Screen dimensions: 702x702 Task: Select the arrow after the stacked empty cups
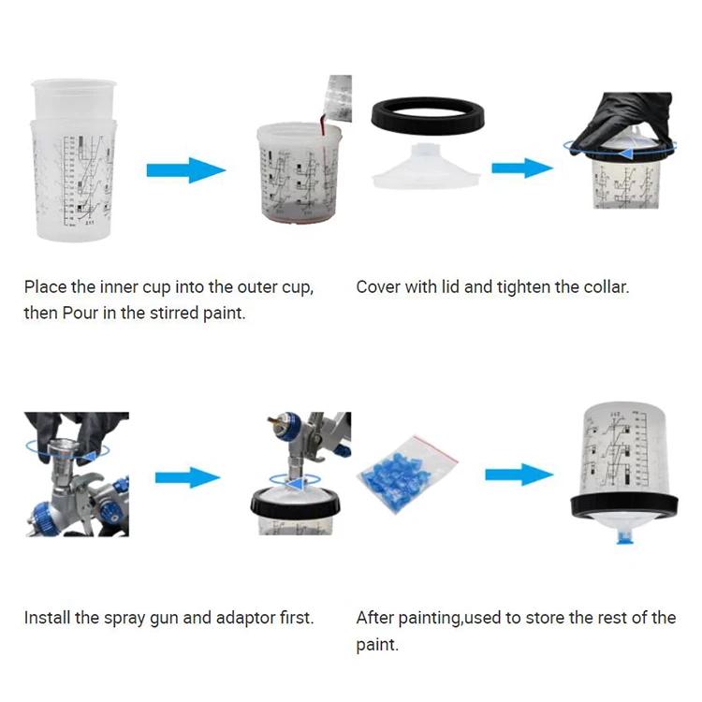(x=186, y=170)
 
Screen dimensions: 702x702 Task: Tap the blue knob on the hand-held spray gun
(x=45, y=513)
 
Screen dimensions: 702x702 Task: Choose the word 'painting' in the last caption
(x=427, y=618)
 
